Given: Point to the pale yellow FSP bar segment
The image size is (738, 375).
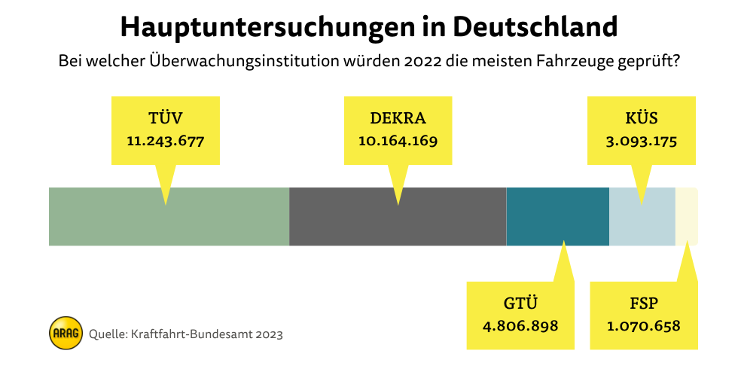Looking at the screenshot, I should (687, 216).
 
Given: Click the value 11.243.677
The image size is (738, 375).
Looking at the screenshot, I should (166, 141).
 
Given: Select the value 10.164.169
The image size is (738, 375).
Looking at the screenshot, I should (398, 141).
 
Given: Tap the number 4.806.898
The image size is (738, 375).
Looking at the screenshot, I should (520, 326).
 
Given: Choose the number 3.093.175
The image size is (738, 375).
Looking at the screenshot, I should (642, 141).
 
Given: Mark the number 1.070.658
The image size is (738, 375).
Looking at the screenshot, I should (644, 326).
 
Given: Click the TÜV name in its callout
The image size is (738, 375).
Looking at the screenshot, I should (166, 118).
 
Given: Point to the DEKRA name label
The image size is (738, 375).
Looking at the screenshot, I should (398, 118).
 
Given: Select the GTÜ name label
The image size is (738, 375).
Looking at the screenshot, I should (520, 304).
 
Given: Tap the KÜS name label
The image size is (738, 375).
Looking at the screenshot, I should (642, 118).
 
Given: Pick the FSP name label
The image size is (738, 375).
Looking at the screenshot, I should (644, 304).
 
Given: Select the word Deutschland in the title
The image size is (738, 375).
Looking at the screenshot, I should (535, 28).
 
